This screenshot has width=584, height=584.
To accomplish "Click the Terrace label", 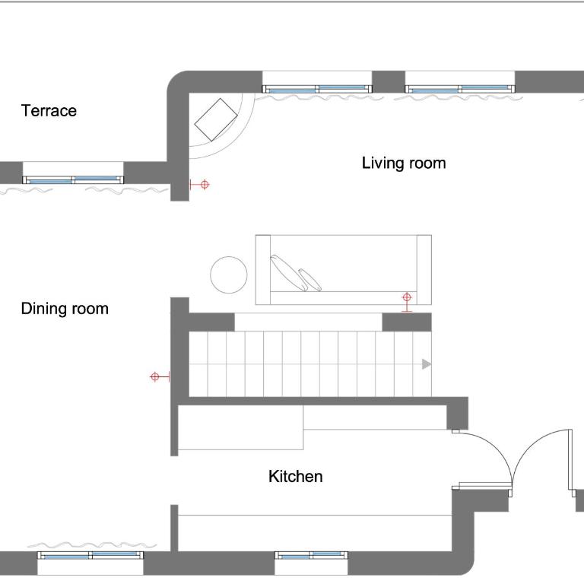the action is (x=49, y=110).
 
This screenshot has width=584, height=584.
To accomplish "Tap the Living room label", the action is (x=404, y=163).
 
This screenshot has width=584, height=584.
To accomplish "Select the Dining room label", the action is (x=65, y=309).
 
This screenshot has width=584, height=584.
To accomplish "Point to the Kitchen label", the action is (x=295, y=476).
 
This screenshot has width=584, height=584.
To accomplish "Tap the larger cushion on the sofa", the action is (x=289, y=273).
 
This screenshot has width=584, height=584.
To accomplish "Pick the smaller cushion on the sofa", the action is (x=310, y=280).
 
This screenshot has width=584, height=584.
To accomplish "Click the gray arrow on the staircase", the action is (x=427, y=364).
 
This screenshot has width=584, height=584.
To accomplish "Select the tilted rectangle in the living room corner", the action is (x=216, y=119).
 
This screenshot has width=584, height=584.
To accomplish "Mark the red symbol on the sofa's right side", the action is (x=407, y=303).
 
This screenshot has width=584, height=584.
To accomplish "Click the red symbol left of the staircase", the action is (x=160, y=376).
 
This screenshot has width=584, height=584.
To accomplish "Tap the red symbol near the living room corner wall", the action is (x=200, y=184).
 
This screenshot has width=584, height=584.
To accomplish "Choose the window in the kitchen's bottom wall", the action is (x=311, y=557).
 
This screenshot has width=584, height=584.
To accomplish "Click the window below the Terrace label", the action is (x=73, y=180).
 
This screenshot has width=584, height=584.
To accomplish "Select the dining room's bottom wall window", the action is (x=90, y=556).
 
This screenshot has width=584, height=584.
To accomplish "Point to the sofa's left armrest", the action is (x=263, y=270).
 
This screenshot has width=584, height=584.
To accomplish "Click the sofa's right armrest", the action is (x=424, y=270).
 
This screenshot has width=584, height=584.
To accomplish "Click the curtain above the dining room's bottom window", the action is (x=97, y=546).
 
